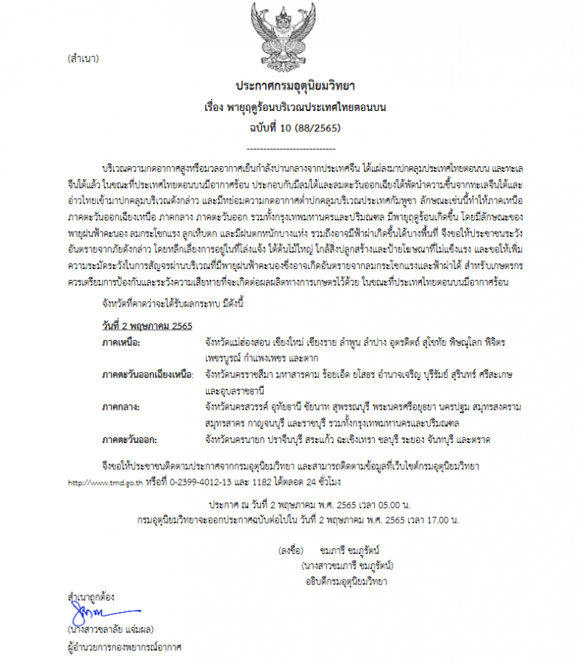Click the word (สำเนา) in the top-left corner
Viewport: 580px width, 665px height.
82,57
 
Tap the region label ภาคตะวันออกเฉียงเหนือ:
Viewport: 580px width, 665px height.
148,374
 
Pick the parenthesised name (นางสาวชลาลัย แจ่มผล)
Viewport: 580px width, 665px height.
110,629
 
